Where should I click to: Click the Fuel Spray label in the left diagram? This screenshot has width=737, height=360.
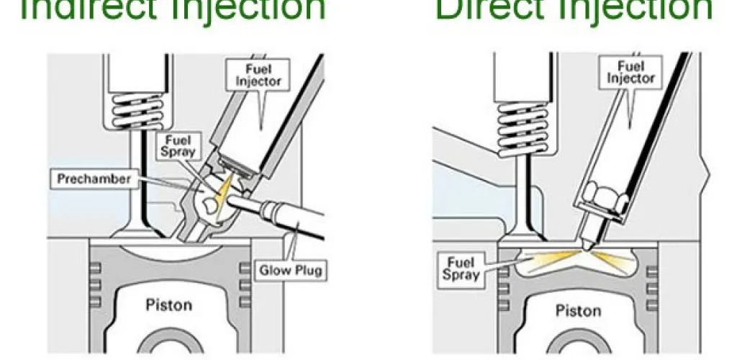pos(177,145)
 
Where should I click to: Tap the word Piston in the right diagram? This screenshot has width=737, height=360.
pos(579,310)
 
